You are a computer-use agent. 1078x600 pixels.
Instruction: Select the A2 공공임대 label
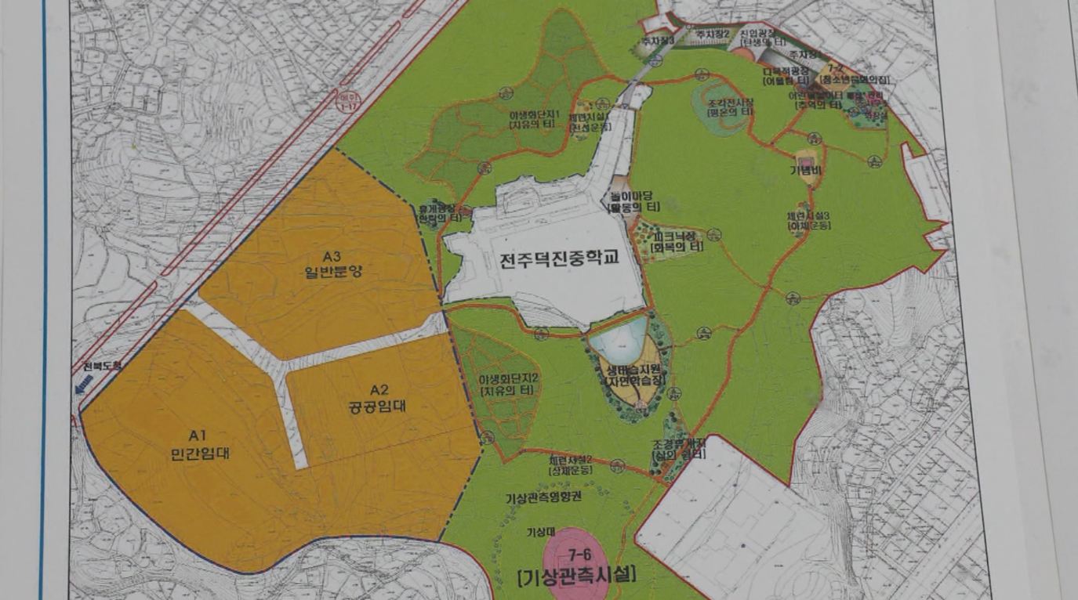tap(379, 399)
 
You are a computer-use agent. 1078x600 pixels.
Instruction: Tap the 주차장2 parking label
tap(713, 34)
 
